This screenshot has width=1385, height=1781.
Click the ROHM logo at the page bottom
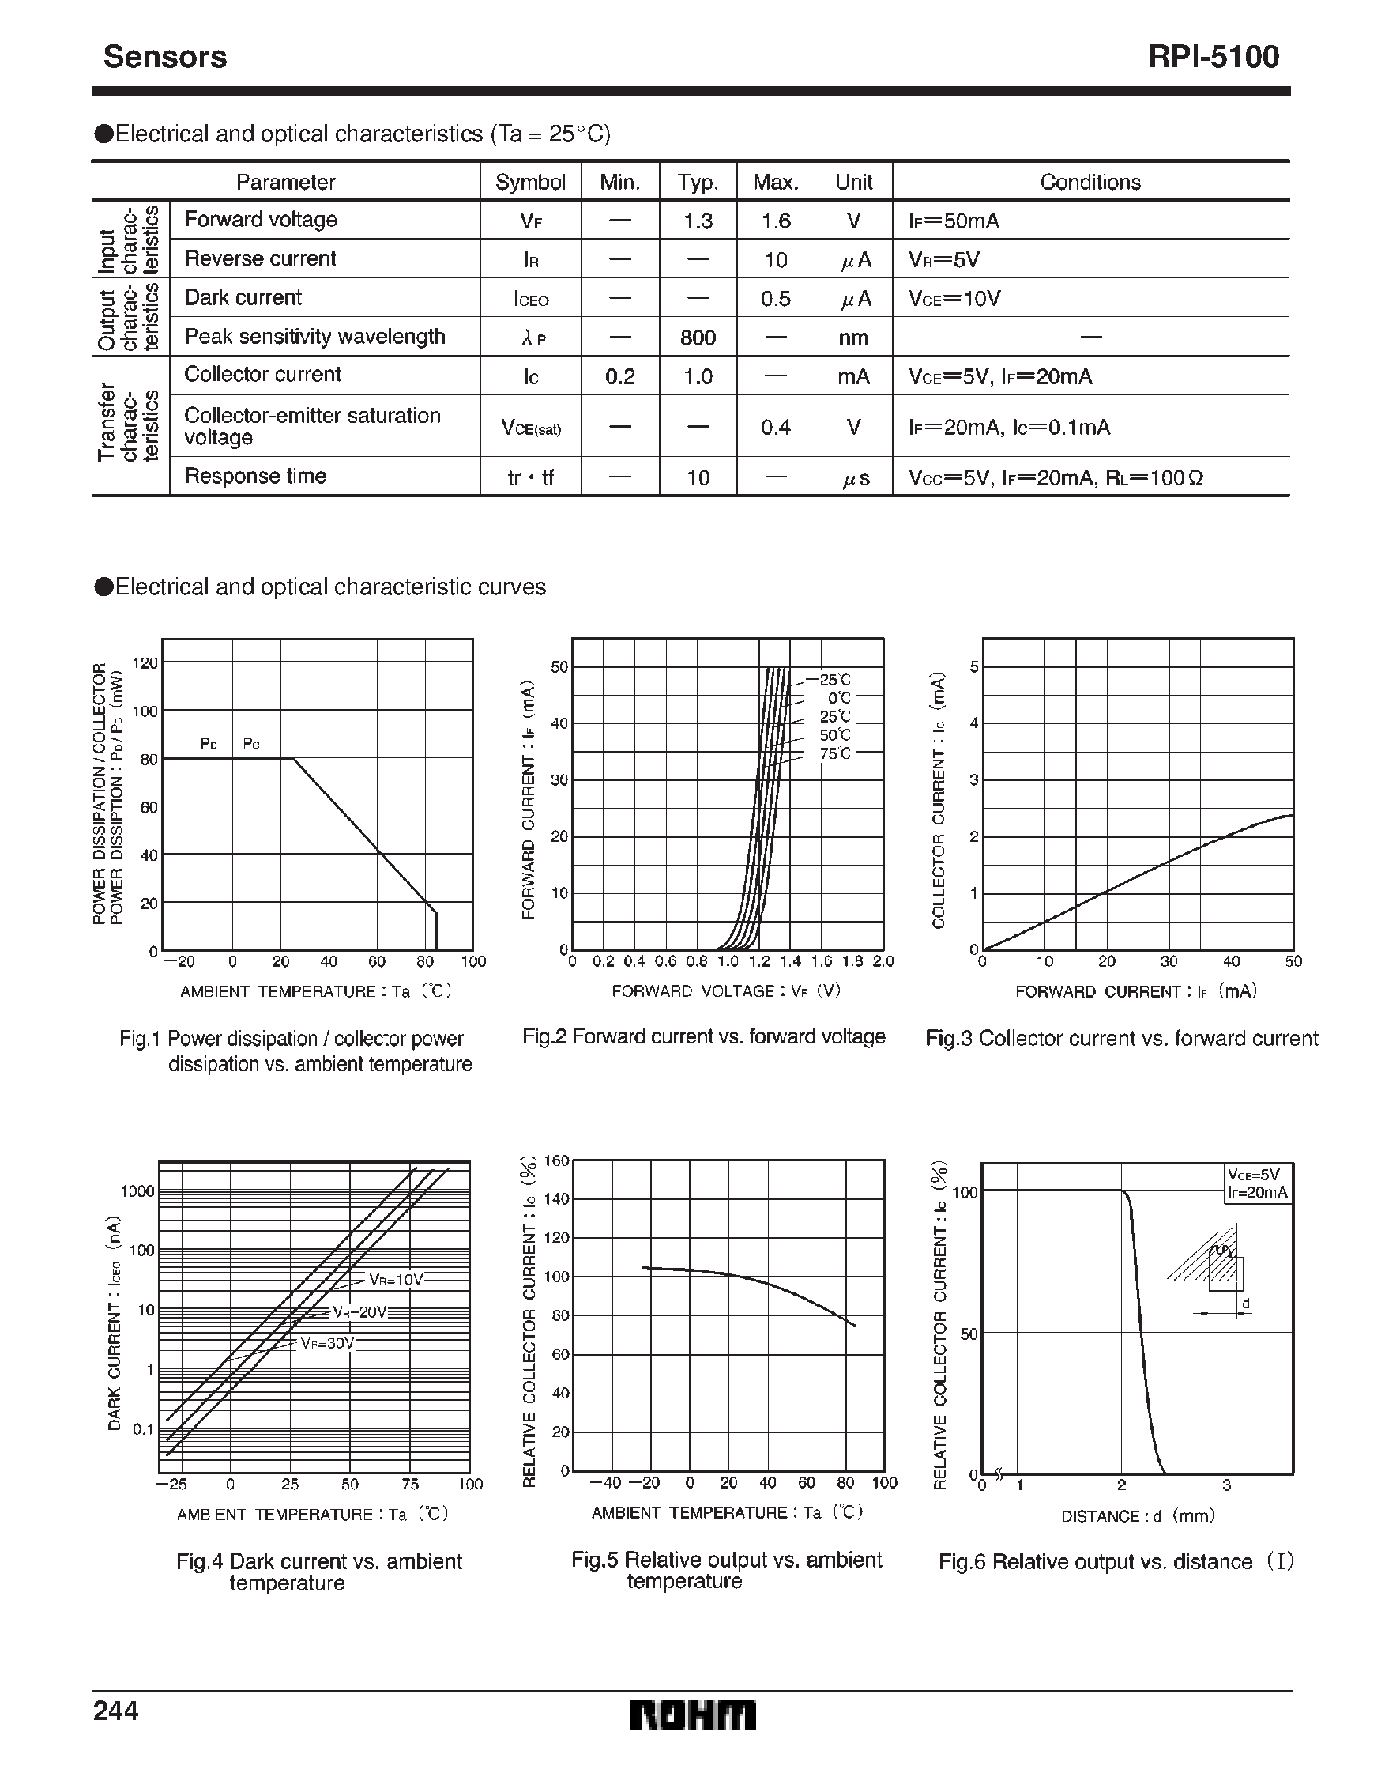tap(692, 1715)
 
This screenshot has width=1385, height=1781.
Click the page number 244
tap(116, 1710)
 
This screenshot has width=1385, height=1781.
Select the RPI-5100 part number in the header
tap(1213, 56)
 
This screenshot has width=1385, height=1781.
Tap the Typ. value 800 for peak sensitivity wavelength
tap(698, 338)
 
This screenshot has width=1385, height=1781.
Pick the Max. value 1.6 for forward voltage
tap(775, 221)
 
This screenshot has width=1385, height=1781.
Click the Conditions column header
tap(1090, 182)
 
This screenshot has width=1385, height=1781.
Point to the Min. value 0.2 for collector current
tap(619, 377)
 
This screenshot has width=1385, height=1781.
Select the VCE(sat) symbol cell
tap(531, 428)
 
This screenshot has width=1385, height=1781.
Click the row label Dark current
tap(243, 298)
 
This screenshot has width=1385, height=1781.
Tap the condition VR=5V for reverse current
tap(944, 260)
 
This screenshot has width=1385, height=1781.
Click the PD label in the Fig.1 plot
tap(209, 744)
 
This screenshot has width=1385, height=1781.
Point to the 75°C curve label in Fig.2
tap(835, 753)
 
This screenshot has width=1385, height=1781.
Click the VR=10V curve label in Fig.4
tap(395, 1280)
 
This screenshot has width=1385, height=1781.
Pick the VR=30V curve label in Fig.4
tap(328, 1343)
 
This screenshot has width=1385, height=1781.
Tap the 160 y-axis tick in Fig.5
tap(556, 1160)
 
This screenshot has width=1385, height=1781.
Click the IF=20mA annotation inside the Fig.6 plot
tap(1258, 1193)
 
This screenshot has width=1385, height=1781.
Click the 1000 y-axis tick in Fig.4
tap(137, 1191)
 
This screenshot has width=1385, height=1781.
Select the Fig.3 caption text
tap(1121, 1038)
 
